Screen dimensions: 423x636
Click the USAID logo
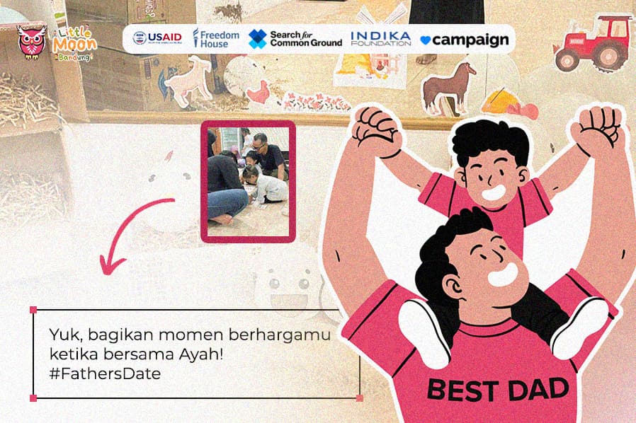click(157, 38)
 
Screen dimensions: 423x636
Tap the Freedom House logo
click(216, 38)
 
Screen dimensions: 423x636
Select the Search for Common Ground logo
click(295, 38)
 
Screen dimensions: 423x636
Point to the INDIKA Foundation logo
click(380, 38)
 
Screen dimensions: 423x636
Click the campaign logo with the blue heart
click(465, 40)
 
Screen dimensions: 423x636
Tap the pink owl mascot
click(32, 42)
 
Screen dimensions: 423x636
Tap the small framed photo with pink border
click(248, 181)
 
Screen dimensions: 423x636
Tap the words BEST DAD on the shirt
click(497, 389)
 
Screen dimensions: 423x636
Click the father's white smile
click(504, 274)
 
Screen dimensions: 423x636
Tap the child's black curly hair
click(491, 141)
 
